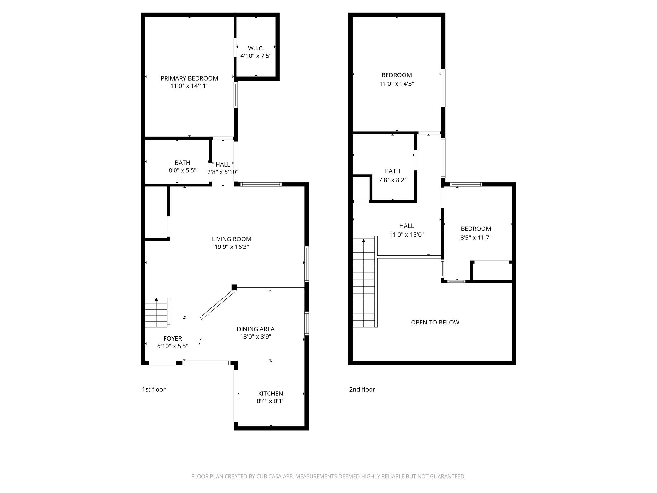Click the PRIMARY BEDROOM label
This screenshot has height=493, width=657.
click(189, 78)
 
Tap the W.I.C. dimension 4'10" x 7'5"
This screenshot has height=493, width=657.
click(256, 56)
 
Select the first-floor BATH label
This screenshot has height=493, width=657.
click(182, 163)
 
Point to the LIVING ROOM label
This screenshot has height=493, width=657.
click(231, 239)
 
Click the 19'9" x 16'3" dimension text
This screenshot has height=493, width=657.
click(231, 247)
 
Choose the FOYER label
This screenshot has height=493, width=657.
click(173, 338)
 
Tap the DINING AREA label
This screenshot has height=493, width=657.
click(255, 329)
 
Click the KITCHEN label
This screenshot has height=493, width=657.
click(270, 394)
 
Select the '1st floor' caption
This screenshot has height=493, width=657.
click(154, 389)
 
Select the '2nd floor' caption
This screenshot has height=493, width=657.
click(362, 389)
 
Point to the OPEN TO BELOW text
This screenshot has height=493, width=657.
click(435, 322)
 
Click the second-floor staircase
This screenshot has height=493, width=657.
click(364, 282)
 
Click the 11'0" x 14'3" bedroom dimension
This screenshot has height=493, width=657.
click(397, 84)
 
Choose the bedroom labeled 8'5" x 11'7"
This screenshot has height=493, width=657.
click(476, 229)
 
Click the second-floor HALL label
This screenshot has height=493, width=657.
click(406, 226)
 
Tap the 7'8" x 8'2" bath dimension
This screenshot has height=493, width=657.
click(392, 180)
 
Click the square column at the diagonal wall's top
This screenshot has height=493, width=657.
click(234, 287)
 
